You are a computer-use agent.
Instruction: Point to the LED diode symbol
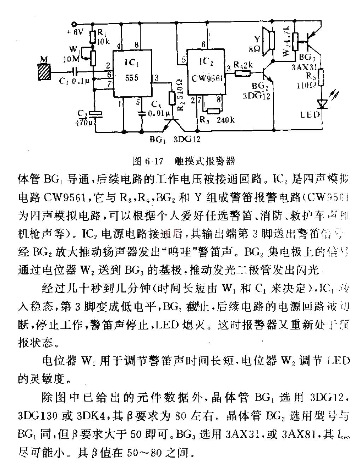pyautogui.click(x=322, y=103)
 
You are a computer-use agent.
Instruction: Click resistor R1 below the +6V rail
pyautogui.click(x=93, y=36)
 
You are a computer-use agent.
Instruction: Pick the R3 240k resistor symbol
pyautogui.click(x=213, y=111)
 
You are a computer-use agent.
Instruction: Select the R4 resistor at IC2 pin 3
pyautogui.click(x=243, y=73)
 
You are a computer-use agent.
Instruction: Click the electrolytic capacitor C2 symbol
pyautogui.click(x=95, y=114)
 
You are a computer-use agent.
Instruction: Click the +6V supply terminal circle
pyautogui.click(x=74, y=24)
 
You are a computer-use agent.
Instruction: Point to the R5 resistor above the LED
pyautogui.click(x=321, y=78)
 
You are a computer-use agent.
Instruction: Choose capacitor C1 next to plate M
pyautogui.click(x=74, y=72)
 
